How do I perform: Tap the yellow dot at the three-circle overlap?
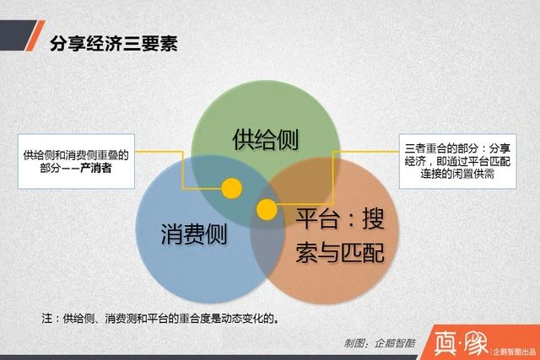pyautogui.click(x=267, y=209)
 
